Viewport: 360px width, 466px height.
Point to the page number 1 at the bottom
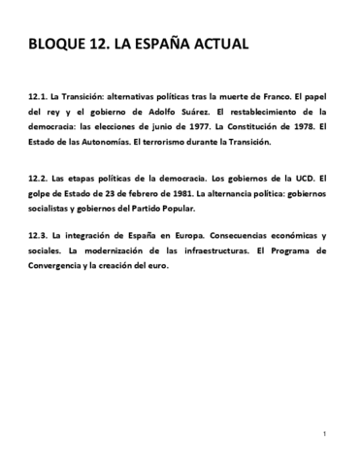click(323, 432)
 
